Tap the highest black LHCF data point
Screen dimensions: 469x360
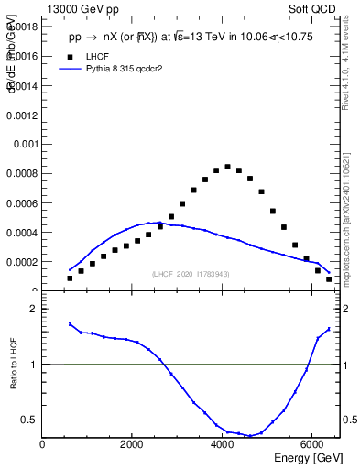pyautogui.click(x=227, y=167)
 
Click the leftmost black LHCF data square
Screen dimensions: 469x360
pyautogui.click(x=70, y=278)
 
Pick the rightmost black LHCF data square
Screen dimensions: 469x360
pyautogui.click(x=329, y=279)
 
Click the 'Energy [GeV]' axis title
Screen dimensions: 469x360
pyautogui.click(x=309, y=458)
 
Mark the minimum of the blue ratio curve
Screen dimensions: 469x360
pyautogui.click(x=249, y=436)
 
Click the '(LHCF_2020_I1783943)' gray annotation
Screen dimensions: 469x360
pyautogui.click(x=191, y=274)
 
